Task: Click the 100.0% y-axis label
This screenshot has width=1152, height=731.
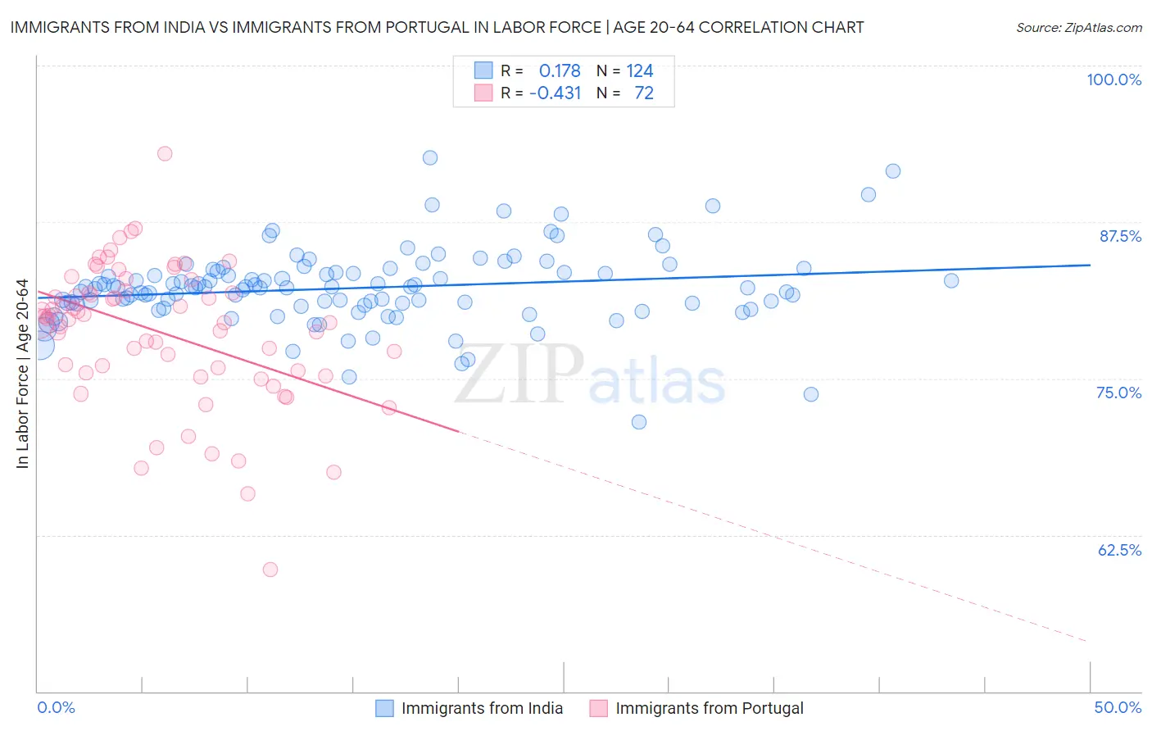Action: click(1113, 79)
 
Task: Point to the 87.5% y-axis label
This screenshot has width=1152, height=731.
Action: click(1120, 236)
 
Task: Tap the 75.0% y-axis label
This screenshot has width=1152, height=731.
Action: click(1118, 393)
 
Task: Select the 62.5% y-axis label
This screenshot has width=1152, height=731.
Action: click(1119, 550)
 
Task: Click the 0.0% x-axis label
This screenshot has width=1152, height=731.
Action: click(56, 707)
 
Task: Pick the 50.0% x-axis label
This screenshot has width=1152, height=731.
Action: click(1118, 707)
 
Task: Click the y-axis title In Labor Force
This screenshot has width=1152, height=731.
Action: click(22, 374)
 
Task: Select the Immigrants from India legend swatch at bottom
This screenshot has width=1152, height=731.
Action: click(384, 708)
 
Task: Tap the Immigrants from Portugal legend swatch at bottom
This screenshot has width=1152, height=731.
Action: click(599, 708)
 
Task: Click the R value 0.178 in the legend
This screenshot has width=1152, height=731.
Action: click(560, 70)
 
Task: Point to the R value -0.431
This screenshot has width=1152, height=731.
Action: click(555, 93)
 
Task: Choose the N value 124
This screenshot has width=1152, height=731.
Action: click(639, 70)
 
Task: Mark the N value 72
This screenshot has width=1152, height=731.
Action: click(644, 93)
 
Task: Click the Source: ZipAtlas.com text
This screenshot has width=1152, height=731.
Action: click(1078, 27)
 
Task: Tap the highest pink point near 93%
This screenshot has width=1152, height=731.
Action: click(165, 153)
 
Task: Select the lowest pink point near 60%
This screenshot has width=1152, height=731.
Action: click(270, 569)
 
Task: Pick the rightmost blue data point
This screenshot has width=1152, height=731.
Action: click(951, 281)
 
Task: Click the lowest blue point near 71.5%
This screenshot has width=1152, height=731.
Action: click(639, 422)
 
